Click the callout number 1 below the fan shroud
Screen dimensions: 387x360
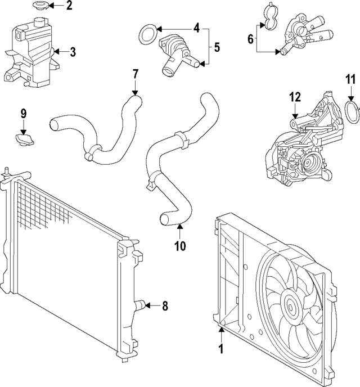click(x=221, y=349)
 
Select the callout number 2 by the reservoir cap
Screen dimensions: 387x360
click(x=69, y=6)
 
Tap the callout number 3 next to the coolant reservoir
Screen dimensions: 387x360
click(x=73, y=52)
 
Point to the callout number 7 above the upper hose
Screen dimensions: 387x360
click(x=135, y=73)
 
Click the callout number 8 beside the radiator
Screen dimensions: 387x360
click(x=165, y=306)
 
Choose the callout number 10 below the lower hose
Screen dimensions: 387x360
click(x=179, y=245)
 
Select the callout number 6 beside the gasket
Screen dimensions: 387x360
click(x=250, y=39)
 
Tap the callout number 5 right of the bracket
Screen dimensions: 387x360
click(x=217, y=47)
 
